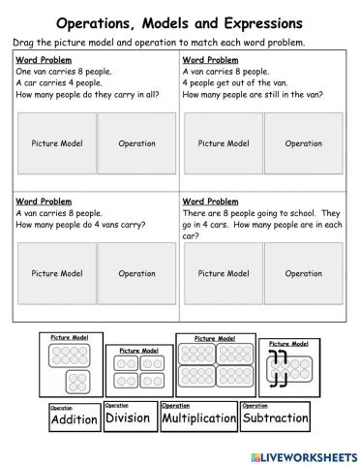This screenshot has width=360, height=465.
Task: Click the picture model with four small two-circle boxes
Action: click(x=138, y=368)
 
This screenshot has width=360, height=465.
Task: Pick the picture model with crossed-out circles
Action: click(x=287, y=365)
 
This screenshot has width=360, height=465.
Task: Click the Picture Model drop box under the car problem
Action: click(x=57, y=143)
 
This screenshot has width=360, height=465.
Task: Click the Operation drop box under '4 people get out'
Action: click(x=303, y=143)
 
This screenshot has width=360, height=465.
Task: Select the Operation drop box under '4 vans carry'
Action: click(x=136, y=273)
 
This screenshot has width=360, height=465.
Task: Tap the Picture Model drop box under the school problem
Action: click(x=223, y=273)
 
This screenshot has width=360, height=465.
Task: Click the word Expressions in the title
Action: click(x=251, y=21)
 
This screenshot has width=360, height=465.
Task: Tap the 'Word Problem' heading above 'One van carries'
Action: click(x=41, y=60)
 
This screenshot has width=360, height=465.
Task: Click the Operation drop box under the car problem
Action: click(x=136, y=143)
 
